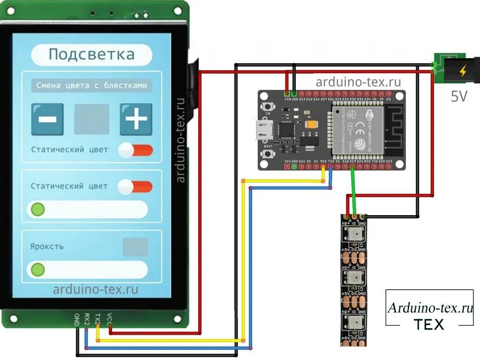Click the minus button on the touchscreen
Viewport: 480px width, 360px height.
(x=47, y=119)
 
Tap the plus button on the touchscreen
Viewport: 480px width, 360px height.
(x=136, y=119)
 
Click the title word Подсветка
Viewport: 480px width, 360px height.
(x=91, y=54)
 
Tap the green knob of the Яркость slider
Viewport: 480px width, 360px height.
(x=37, y=270)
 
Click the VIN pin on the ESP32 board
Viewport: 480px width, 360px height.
(x=287, y=94)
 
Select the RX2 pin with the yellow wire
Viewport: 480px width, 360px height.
(x=323, y=166)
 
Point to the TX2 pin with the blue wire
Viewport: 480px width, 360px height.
(x=331, y=166)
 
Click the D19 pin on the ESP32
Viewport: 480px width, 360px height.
(x=352, y=166)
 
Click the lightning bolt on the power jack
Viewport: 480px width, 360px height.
(x=463, y=71)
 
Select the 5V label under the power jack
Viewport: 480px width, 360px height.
(x=459, y=97)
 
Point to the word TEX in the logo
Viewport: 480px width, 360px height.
(x=429, y=324)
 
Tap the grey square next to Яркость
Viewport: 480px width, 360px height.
(x=135, y=247)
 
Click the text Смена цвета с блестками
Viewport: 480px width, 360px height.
(x=92, y=86)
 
